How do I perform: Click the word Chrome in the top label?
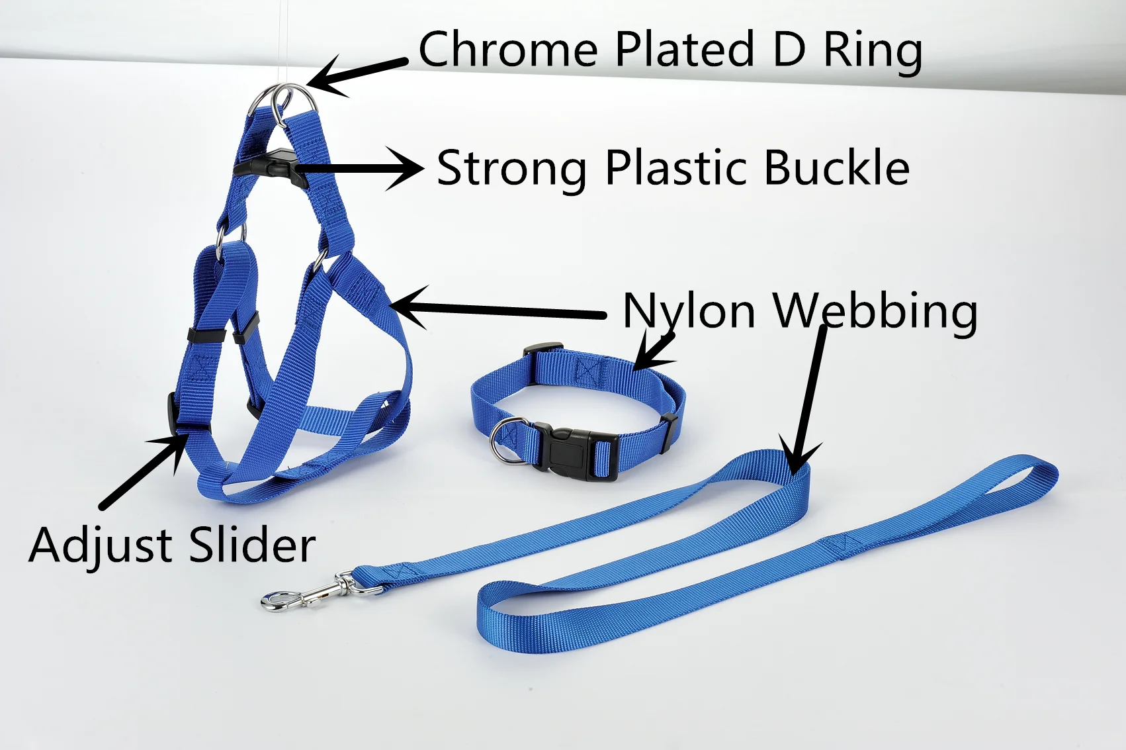[x=508, y=50]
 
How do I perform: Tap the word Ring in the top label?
[x=873, y=51]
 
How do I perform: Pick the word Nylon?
[x=689, y=311]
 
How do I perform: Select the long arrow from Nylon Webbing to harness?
[x=496, y=310]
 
